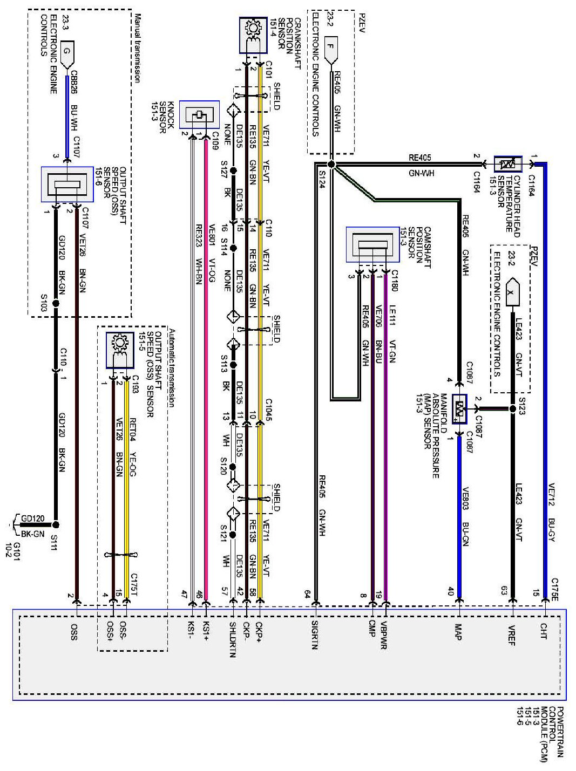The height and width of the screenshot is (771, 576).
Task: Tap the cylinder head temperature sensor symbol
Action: coord(507,164)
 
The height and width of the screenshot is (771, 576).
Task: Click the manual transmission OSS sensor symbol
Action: coord(66,185)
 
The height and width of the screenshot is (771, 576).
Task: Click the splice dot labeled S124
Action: coord(331,164)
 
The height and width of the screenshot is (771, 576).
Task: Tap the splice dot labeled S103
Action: coord(56,304)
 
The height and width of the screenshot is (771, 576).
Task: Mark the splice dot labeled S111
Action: coord(56,524)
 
